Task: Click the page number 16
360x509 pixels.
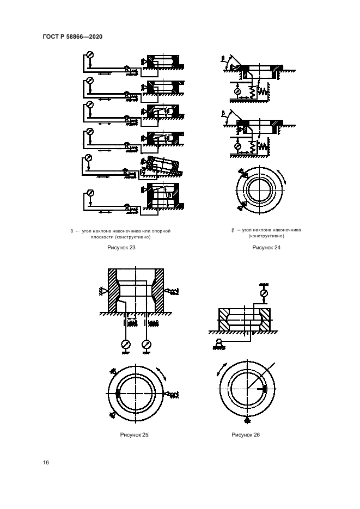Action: [46, 462]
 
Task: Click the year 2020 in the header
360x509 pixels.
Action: [96, 36]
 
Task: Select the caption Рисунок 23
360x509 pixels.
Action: [121, 247]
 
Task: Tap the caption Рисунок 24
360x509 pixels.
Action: [266, 247]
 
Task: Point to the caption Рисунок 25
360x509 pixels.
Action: [134, 434]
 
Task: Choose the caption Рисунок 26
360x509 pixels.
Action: [246, 434]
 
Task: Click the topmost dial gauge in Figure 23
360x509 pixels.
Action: [90, 55]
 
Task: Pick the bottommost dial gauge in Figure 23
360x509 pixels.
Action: [90, 193]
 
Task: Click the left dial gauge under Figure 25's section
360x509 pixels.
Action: [125, 344]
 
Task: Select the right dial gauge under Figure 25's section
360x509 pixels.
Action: [147, 344]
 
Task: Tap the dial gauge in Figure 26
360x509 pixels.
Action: [264, 294]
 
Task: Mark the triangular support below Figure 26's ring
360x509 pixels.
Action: [247, 420]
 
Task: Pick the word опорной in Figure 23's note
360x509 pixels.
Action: [161, 231]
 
